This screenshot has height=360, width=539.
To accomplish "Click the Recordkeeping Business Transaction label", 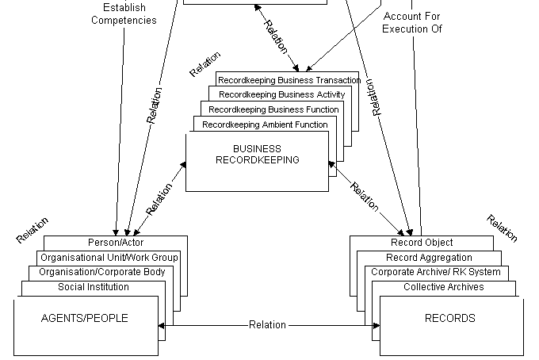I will point(289,80).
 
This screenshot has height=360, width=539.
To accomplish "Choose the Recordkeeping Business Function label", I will point(273,109).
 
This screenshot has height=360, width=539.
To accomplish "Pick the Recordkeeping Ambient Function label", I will point(265,124).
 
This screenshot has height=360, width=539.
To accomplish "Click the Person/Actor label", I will point(116,243).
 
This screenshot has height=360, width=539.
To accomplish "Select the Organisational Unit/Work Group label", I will point(109,258).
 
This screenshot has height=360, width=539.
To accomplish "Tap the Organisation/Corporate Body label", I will point(103,272).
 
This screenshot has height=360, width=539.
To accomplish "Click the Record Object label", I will point(422,243).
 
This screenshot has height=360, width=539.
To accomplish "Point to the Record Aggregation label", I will point(429,258).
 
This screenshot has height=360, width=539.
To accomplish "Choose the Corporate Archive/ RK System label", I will point(436,272).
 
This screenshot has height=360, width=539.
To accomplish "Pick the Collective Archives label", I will point(443,287).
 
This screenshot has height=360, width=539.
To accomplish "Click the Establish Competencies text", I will point(124,14).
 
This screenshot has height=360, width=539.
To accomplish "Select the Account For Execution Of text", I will point(411,22).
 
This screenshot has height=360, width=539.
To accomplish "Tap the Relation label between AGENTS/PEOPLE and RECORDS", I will point(267,325).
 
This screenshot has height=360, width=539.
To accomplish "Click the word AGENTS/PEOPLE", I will point(84,319).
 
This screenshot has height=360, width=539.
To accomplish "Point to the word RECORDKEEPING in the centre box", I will point(257,159).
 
